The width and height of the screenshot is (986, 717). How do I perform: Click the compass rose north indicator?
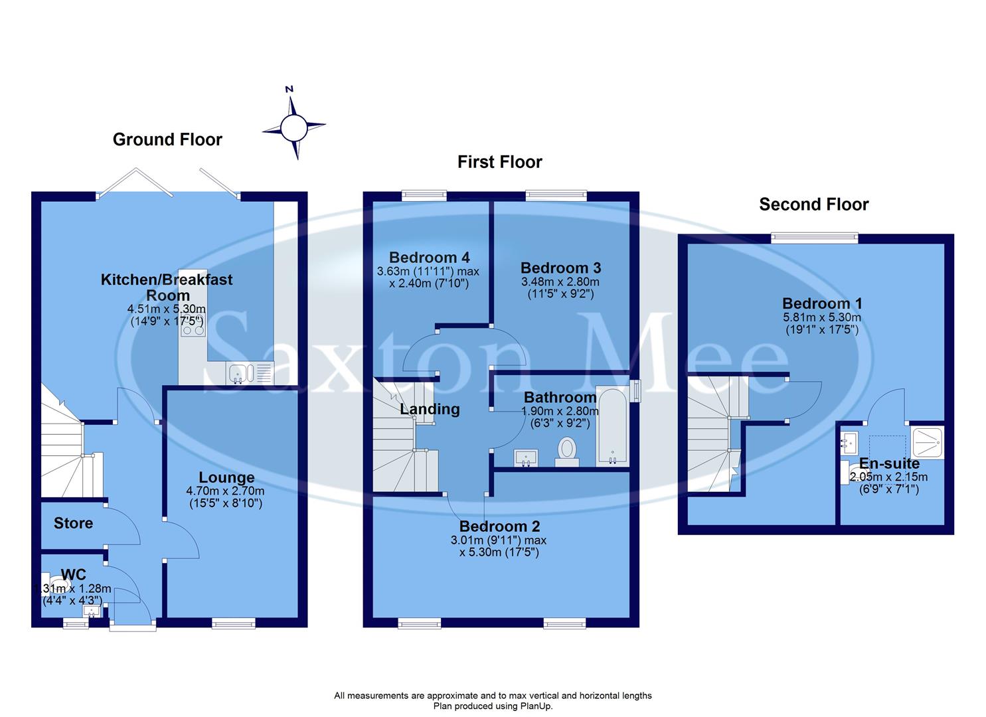pos(293,125)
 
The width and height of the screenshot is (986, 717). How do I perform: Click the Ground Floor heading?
pos(167,139)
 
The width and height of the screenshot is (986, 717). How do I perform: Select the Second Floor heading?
pos(813,204)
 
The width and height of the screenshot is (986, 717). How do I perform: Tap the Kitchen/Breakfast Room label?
pos(167,287)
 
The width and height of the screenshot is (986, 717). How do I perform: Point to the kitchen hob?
pos(193,328)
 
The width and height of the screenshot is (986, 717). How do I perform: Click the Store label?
pos(73,523)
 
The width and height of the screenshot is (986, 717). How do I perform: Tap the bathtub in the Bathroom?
pos(612,426)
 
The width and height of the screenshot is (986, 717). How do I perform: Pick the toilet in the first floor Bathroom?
pos(567,451)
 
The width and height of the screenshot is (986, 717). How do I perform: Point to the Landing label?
pos(430,409)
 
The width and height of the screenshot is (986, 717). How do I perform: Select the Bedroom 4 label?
pos(428,258)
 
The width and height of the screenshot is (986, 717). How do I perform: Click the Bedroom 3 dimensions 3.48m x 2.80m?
pos(560,282)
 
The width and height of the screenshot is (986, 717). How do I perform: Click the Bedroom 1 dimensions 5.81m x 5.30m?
pos(821,317)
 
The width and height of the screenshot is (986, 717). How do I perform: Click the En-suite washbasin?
pos(849,441)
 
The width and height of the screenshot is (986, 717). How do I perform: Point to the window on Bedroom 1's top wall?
pos(814,238)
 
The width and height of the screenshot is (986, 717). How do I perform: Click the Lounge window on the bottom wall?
pos(234,623)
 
